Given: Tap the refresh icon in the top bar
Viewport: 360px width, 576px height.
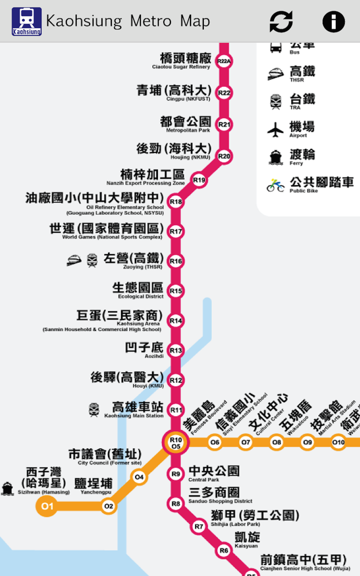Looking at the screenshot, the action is (x=281, y=21).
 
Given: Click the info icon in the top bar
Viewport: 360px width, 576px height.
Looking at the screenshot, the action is (x=333, y=21).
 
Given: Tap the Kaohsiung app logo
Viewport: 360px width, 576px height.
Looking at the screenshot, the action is (x=27, y=21).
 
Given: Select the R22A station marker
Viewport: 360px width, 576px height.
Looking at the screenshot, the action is (x=224, y=61).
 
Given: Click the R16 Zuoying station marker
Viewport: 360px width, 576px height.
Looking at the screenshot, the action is (x=176, y=261).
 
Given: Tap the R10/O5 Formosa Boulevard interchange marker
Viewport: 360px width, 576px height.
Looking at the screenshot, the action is (x=175, y=443).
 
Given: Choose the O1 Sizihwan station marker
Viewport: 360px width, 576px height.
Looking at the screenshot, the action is (x=47, y=507).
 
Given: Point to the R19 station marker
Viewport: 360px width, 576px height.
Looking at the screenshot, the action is (x=199, y=180).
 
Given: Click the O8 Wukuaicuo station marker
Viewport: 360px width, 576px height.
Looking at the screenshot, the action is (x=277, y=442).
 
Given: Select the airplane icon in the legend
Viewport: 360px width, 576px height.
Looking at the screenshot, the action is (x=275, y=130).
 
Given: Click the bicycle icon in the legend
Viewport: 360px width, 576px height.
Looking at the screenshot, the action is (x=275, y=185).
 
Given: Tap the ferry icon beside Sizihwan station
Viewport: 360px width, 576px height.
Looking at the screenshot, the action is (x=7, y=488).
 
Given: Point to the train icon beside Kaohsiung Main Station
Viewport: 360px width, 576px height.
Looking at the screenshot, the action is (x=94, y=409).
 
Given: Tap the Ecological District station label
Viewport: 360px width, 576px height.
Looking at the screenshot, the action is (x=138, y=290).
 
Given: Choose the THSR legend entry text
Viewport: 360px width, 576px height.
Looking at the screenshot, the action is (x=302, y=74).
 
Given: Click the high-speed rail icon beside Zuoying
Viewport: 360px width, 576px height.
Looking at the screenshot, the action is (x=74, y=260).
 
